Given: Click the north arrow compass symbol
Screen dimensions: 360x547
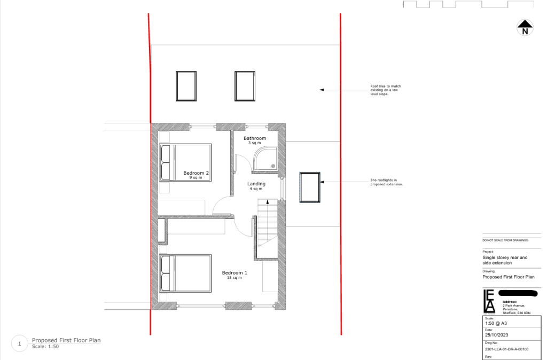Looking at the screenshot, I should click(x=525, y=27).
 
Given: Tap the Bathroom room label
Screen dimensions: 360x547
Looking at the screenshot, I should click(x=255, y=138).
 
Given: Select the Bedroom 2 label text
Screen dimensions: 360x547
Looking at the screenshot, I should click(x=196, y=173).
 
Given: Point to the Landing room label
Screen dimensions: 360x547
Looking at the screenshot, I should click(x=256, y=184).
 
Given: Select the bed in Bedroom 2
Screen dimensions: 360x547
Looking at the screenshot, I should click(x=185, y=162).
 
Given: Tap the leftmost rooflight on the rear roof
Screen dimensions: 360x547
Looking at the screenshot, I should click(x=186, y=86).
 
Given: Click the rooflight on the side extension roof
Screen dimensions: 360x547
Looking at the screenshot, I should click(x=309, y=187).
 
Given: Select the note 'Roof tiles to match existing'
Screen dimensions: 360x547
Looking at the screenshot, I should click(x=385, y=90).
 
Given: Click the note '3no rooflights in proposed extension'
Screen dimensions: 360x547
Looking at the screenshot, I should click(x=386, y=182).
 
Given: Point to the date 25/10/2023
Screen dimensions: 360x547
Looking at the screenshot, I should click(x=494, y=335).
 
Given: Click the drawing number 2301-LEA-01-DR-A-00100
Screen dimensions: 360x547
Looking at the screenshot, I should click(x=505, y=349).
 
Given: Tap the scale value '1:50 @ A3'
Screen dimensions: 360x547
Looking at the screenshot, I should click(x=494, y=323).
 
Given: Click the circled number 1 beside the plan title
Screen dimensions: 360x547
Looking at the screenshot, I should click(x=19, y=344).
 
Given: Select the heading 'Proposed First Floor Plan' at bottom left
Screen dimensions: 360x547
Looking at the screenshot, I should click(x=66, y=340).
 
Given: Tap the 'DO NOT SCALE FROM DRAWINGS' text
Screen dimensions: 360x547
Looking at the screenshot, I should click(x=505, y=241).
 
